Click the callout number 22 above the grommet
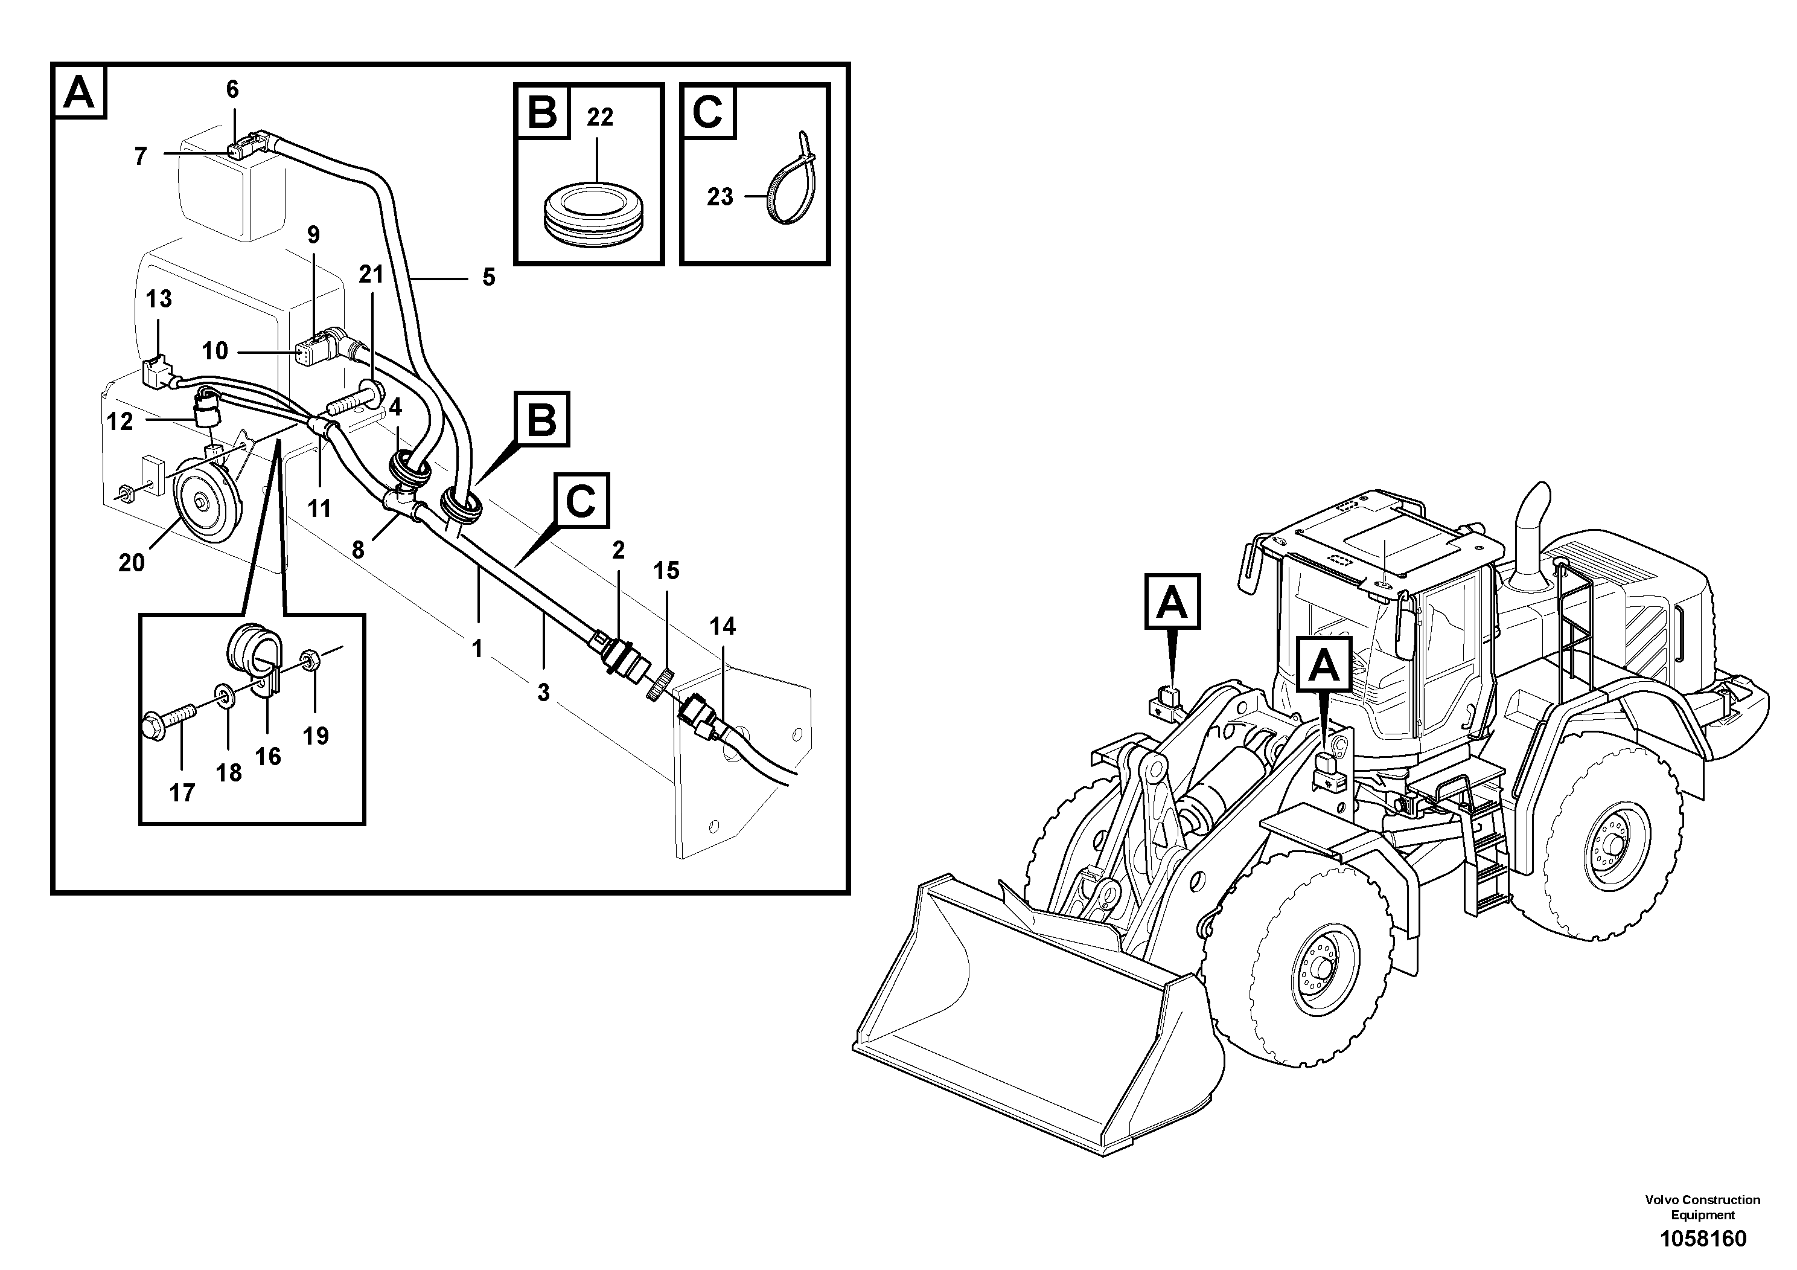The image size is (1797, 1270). pos(599,117)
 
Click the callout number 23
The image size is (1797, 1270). pos(720,196)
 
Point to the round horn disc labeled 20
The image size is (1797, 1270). pos(202,504)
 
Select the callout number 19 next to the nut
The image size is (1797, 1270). pos(316,736)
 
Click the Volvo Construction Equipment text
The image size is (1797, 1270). pos(1702,1207)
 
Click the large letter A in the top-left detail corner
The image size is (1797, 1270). pos(79,92)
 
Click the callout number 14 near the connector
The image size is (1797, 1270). pos(723,626)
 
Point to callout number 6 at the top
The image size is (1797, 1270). pos(232,89)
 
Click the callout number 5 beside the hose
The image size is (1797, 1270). pos(488,277)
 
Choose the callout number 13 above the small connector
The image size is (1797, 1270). pos(159,299)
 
